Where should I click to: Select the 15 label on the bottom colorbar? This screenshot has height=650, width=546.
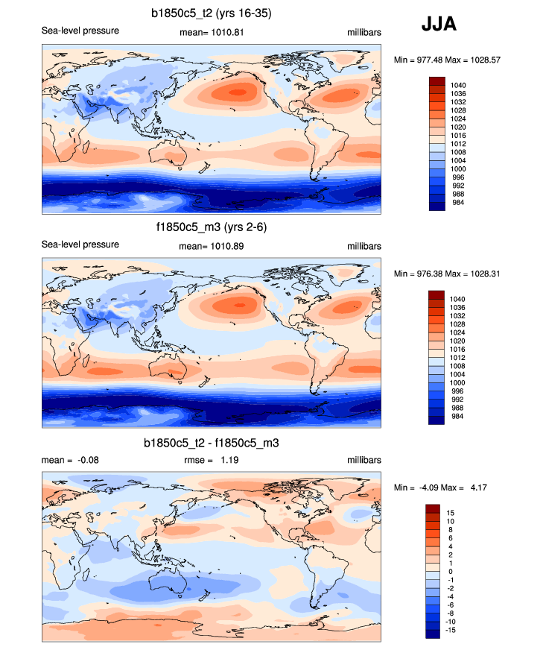tap(450, 513)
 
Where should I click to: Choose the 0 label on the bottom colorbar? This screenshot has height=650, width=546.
tap(448, 572)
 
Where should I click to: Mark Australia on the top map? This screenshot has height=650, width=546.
tap(174, 154)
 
